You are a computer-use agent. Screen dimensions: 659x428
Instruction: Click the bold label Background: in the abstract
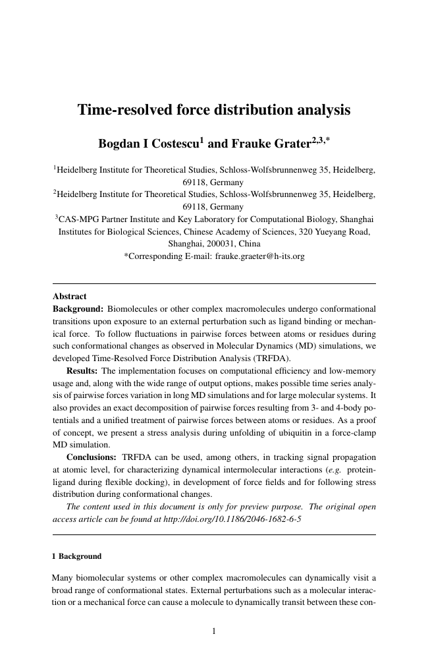78,308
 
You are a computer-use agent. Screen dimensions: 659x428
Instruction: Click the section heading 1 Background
77,556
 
